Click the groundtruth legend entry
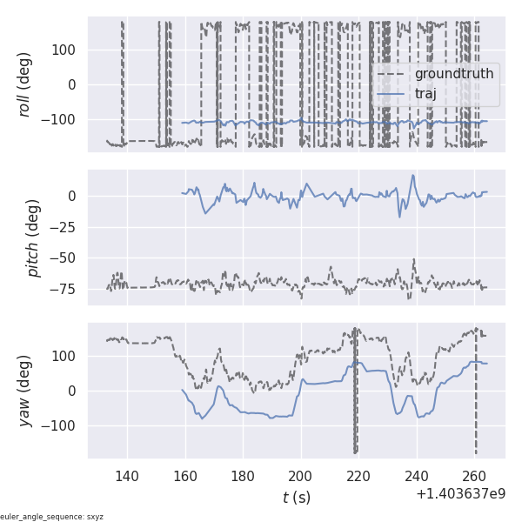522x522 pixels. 453,74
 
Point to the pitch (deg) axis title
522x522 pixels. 34,238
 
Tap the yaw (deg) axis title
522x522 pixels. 26,391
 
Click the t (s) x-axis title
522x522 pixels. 296,497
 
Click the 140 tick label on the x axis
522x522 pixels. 127,476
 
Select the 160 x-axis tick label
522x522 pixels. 185,476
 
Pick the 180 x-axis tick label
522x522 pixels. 244,476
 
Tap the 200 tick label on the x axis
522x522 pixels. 301,476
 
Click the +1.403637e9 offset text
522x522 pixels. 460,493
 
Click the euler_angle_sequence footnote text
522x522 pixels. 52,517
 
